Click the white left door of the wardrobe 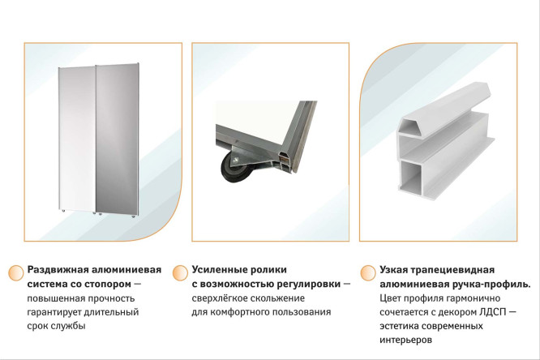pyautogui.click(x=78, y=142)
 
